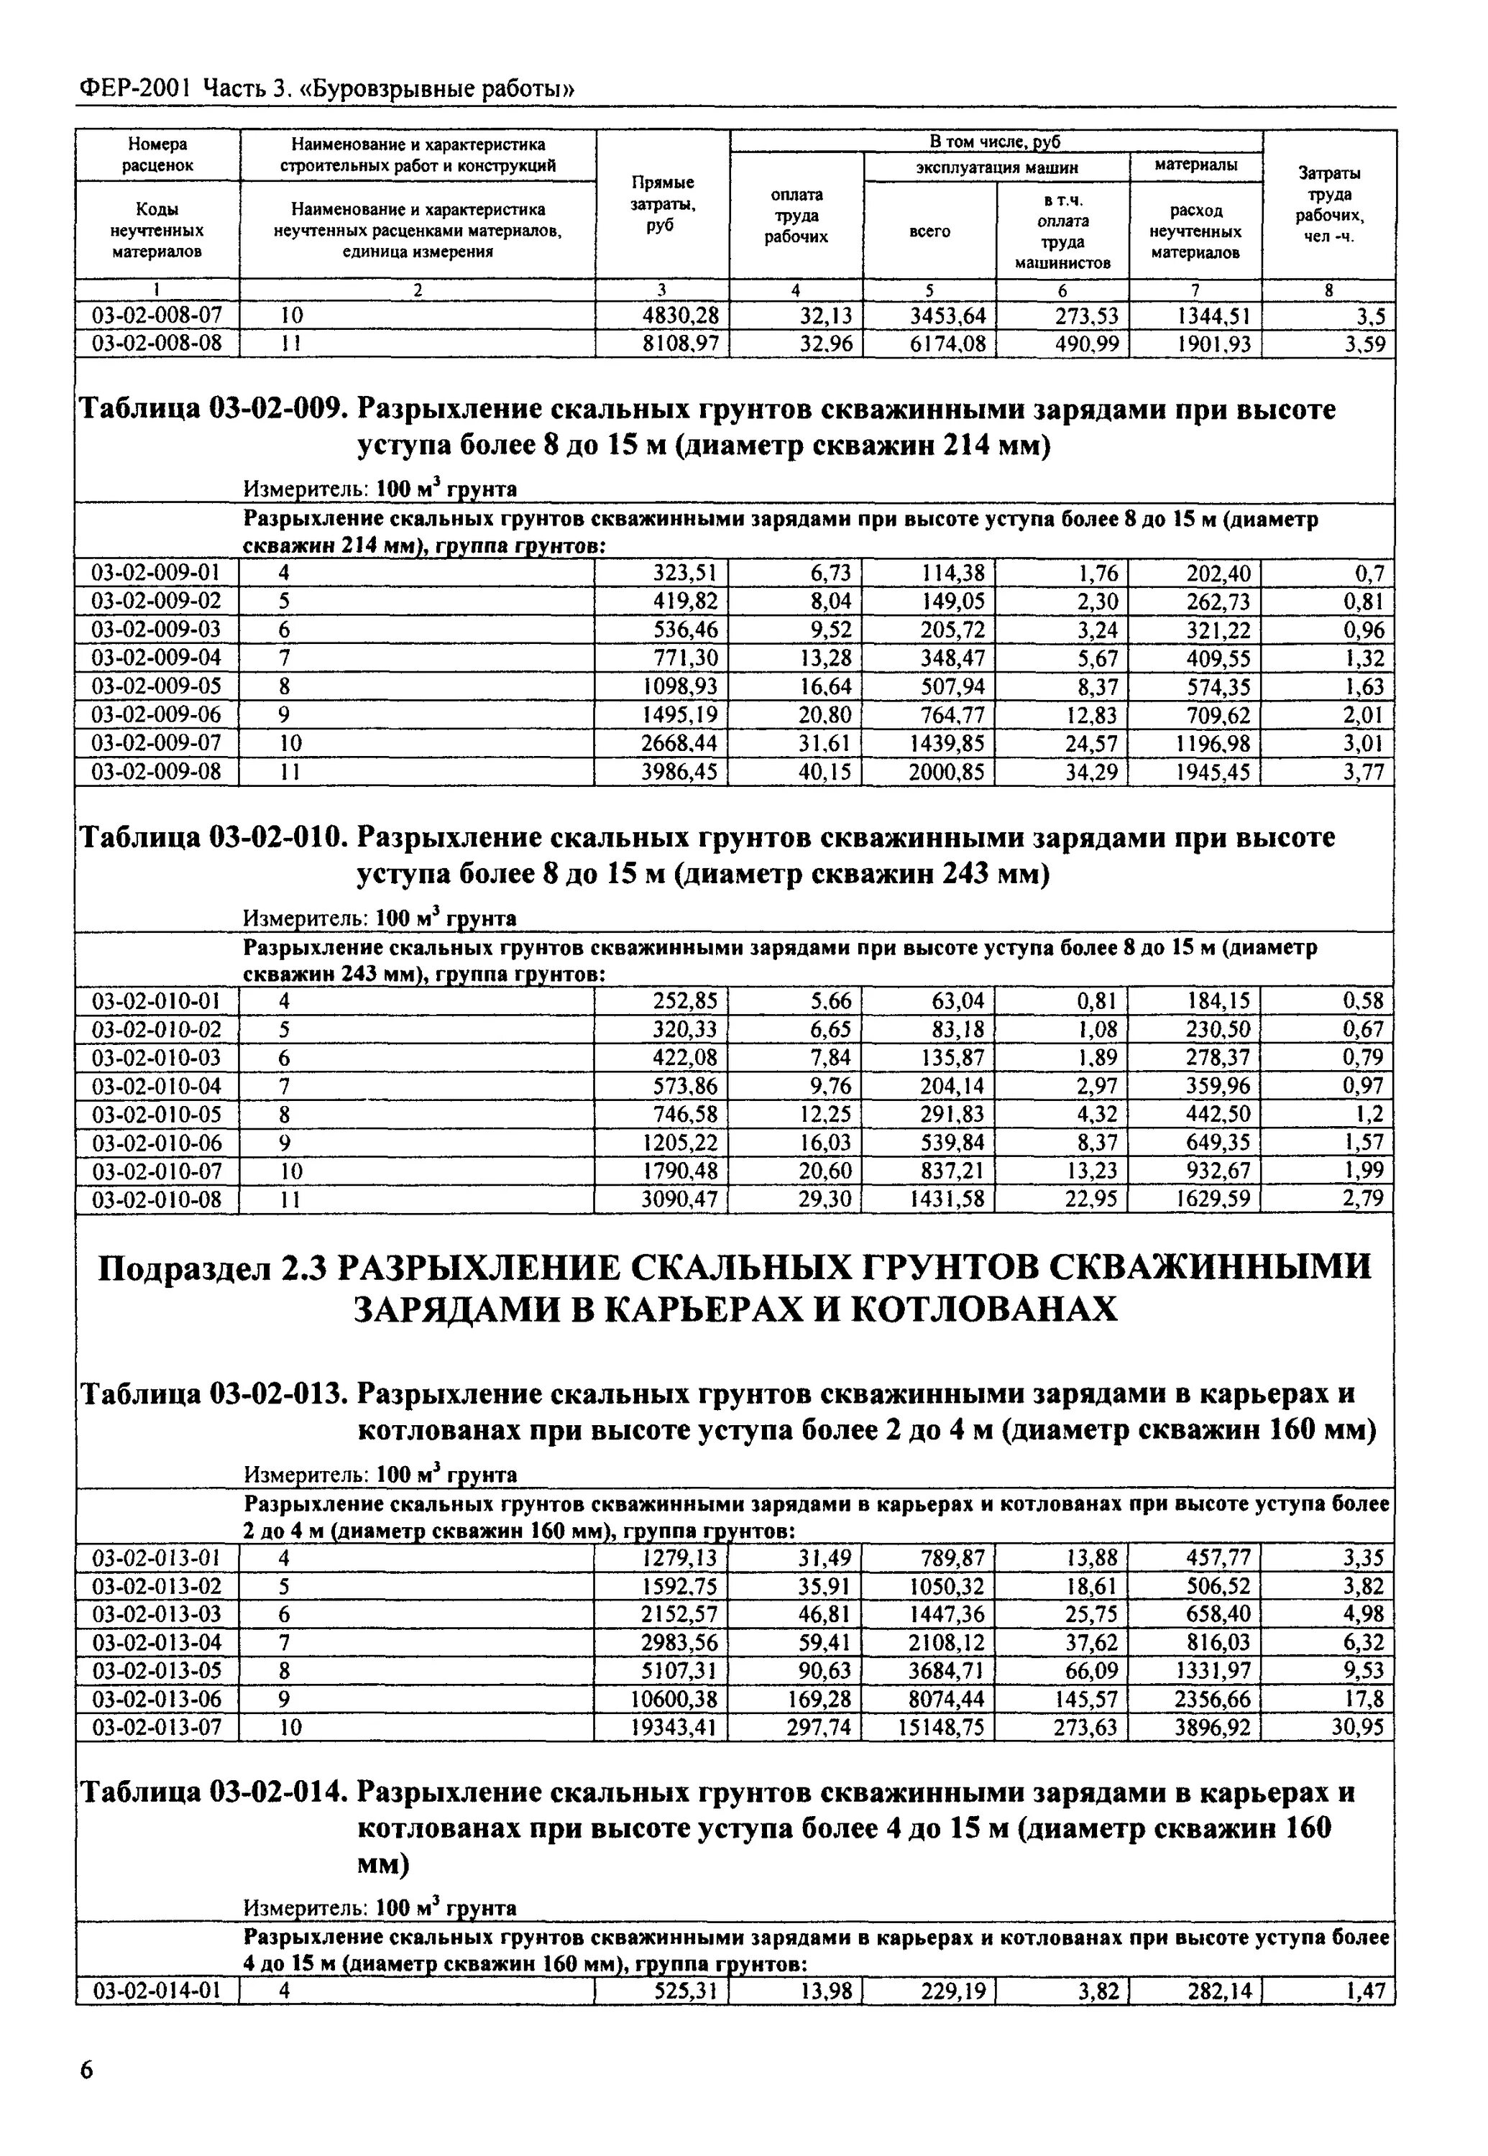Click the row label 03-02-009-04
click(157, 658)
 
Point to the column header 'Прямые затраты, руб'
click(663, 203)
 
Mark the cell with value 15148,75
click(941, 1727)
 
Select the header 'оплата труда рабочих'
click(796, 216)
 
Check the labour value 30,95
click(1357, 1727)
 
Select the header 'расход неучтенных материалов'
click(1195, 231)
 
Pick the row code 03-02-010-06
click(157, 1143)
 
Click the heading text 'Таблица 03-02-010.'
click(213, 838)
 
